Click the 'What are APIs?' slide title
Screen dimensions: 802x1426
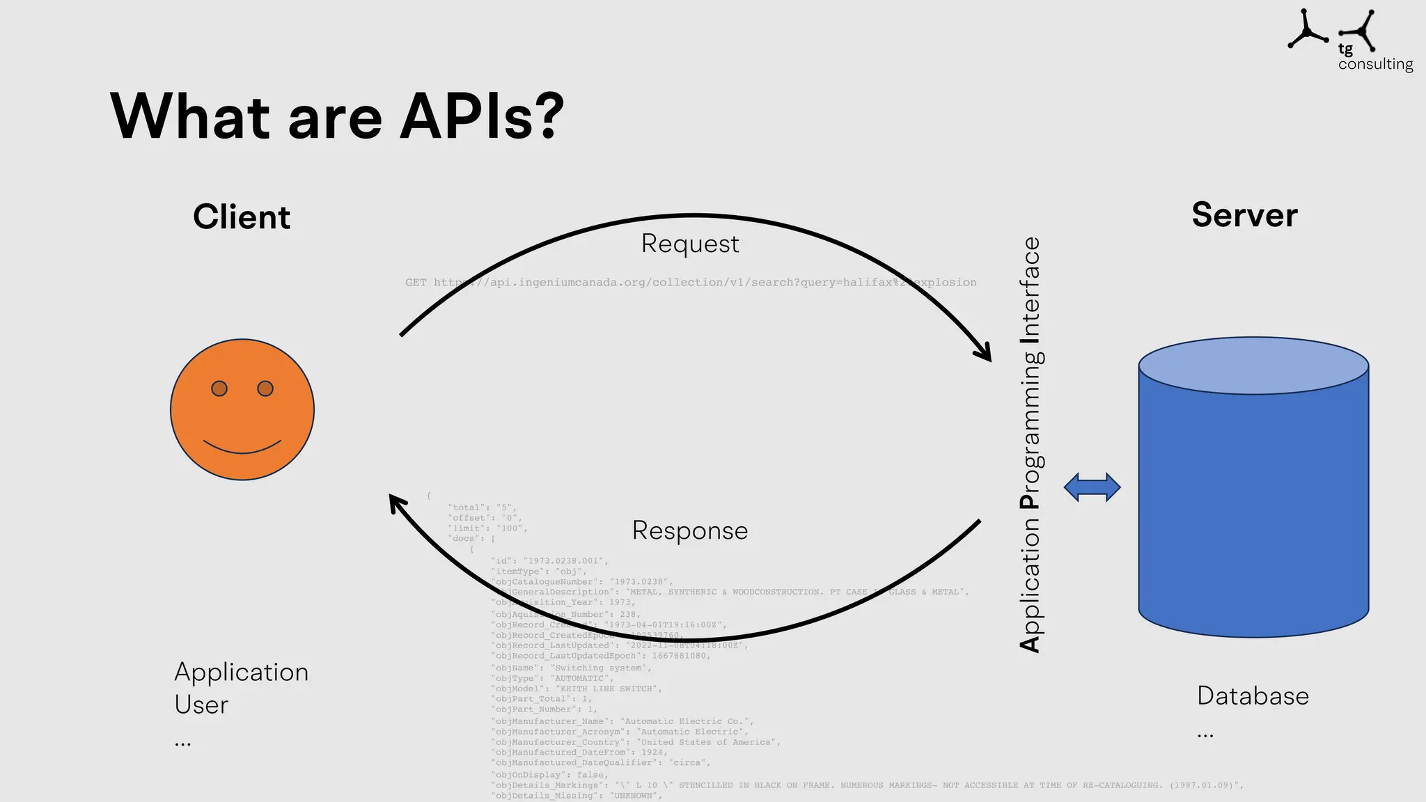(x=337, y=116)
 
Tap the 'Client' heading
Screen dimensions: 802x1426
(x=241, y=217)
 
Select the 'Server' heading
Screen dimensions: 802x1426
(x=1244, y=214)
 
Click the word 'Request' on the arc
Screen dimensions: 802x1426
(x=689, y=244)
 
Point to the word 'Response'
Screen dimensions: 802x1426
(x=689, y=530)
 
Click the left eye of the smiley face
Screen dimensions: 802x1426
(x=219, y=388)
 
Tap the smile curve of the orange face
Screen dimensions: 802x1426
(x=242, y=448)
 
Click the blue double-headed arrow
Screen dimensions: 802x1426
(x=1092, y=487)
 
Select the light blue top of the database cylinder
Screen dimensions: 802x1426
(x=1253, y=366)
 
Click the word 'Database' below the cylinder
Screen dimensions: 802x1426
(x=1253, y=695)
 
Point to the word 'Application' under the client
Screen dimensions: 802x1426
(x=241, y=672)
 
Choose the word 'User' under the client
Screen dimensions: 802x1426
(x=201, y=705)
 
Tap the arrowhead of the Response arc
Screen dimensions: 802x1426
(x=397, y=503)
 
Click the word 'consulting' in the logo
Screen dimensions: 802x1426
(x=1375, y=64)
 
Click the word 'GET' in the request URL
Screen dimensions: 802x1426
(x=416, y=283)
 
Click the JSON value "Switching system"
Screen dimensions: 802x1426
(x=601, y=668)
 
